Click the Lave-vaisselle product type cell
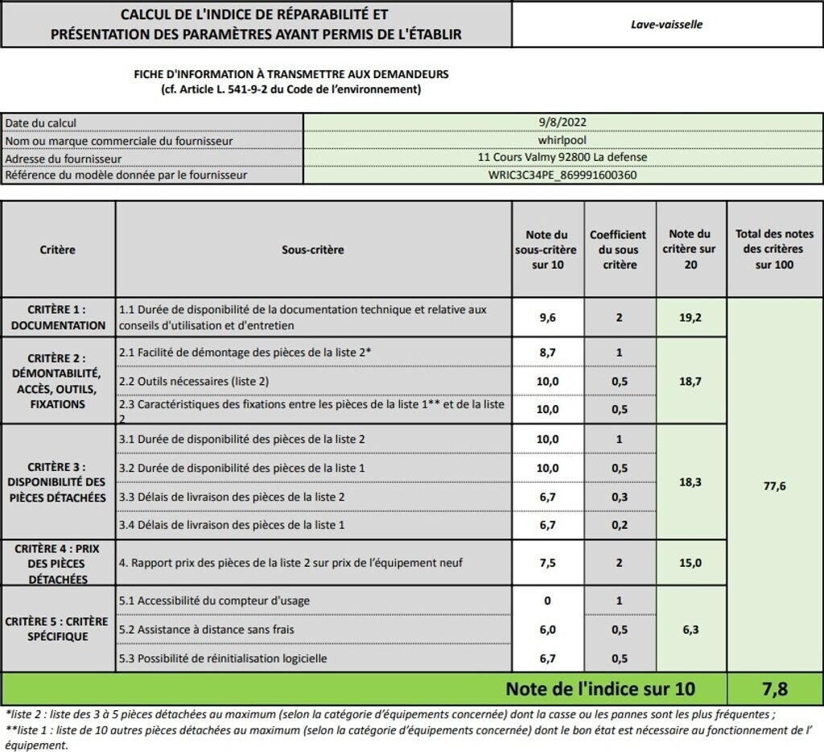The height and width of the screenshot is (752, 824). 666,24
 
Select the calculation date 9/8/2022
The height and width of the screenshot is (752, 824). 562,122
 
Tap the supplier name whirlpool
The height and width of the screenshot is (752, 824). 562,140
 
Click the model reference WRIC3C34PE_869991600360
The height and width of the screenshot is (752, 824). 562,174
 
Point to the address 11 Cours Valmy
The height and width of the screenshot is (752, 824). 562,157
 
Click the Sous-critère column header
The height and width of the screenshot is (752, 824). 313,250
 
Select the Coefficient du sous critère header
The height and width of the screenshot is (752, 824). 618,250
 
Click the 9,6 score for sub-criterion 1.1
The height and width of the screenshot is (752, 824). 547,317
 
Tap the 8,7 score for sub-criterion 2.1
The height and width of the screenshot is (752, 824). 547,352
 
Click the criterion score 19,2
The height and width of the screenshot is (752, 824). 690,317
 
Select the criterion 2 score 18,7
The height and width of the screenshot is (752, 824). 690,381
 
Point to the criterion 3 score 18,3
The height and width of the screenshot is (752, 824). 690,481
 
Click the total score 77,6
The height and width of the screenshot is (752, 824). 774,485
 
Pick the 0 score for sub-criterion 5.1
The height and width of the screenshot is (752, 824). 547,600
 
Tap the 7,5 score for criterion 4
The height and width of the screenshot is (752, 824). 547,563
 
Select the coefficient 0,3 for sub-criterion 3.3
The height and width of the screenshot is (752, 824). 619,497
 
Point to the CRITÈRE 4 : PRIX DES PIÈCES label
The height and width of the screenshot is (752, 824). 58,563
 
